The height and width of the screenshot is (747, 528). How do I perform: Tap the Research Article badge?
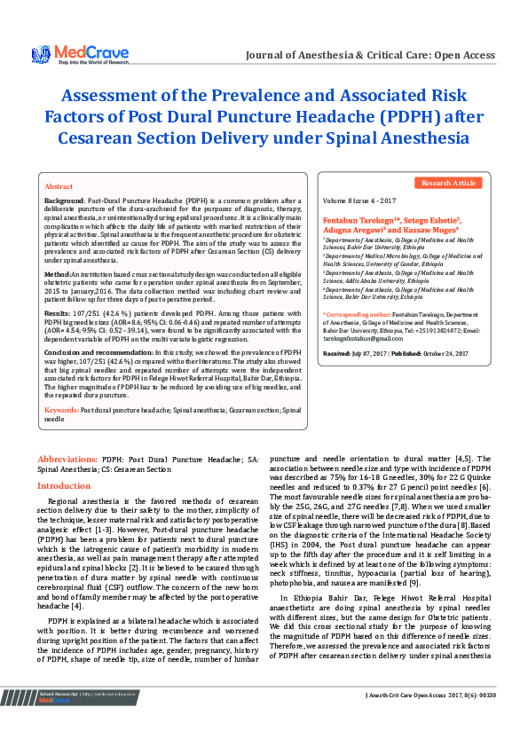(x=447, y=183)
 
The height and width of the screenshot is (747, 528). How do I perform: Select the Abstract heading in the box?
(x=59, y=187)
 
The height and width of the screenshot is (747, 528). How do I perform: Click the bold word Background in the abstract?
(x=65, y=202)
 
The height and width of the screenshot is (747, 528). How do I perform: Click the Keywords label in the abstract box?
(x=61, y=411)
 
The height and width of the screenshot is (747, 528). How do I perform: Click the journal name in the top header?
(x=370, y=55)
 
